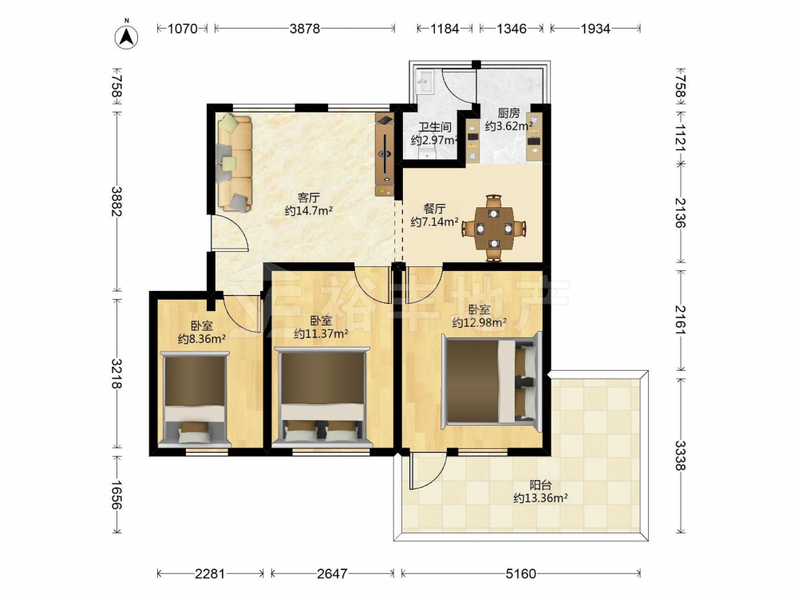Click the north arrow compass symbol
tap(126, 36)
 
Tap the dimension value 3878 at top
tap(305, 29)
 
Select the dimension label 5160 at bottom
tap(520, 573)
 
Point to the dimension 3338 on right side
tap(681, 455)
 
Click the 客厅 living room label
tap(308, 197)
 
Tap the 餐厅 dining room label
tap(435, 208)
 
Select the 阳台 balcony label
tap(540, 485)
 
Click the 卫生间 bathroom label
tap(435, 127)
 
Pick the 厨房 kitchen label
tap(508, 113)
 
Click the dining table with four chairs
tap(493, 228)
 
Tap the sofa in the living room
tap(235, 163)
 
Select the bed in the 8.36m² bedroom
tap(195, 399)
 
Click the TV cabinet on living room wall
tap(385, 154)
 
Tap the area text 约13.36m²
tap(540, 498)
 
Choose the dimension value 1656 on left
tap(117, 495)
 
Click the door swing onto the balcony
tap(429, 472)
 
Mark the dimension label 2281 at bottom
tap(210, 573)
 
